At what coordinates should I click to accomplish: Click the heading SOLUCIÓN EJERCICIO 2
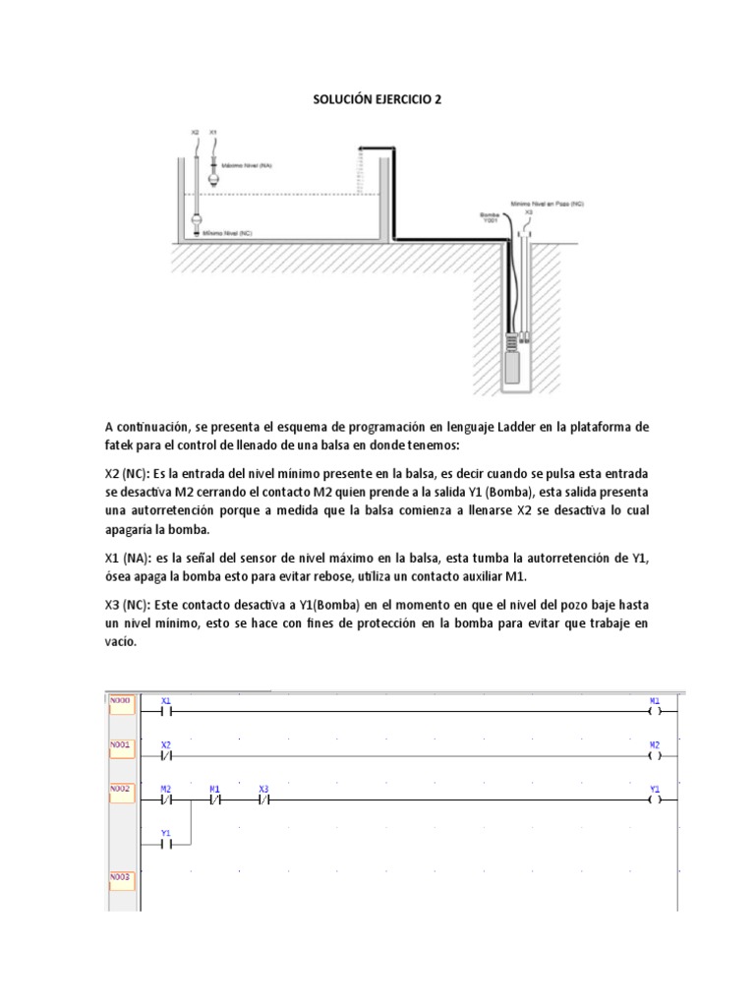(377, 99)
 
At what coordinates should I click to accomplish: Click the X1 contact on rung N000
(166, 709)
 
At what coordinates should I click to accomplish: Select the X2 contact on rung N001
(166, 755)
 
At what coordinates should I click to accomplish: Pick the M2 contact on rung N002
(166, 800)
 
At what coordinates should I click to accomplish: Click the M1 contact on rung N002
(215, 800)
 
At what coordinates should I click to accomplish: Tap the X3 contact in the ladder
(263, 800)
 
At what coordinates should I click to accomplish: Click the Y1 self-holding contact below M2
(166, 843)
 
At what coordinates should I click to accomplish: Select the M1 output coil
(655, 709)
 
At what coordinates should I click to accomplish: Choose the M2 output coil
(655, 755)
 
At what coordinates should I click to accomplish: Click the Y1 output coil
(655, 800)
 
